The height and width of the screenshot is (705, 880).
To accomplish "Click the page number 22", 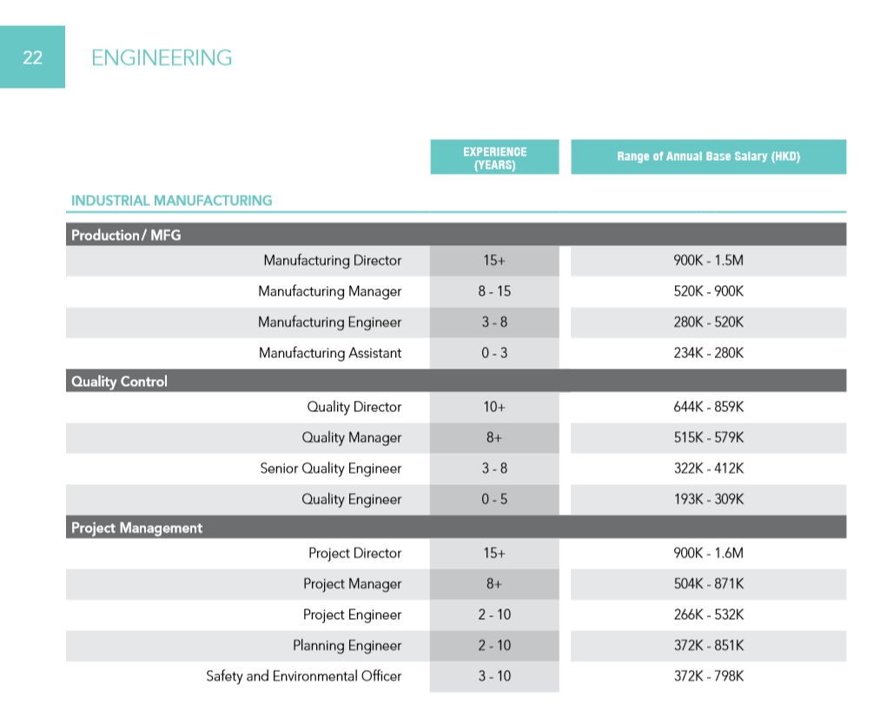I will click(x=32, y=57).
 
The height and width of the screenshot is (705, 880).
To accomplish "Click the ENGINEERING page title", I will click(x=162, y=58).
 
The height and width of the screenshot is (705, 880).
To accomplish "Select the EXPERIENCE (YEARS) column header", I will click(x=494, y=157).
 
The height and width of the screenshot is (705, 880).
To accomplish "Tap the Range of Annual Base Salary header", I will click(x=708, y=157).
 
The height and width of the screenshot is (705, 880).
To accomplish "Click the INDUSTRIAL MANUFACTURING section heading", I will click(x=171, y=201).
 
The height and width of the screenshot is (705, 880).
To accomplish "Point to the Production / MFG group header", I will click(x=126, y=235).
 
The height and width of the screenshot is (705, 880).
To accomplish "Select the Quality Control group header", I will click(x=119, y=382).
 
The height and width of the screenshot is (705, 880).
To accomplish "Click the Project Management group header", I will click(x=136, y=528).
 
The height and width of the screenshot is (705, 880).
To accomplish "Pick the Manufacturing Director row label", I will click(x=332, y=261).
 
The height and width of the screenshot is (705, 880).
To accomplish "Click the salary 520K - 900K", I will click(x=708, y=291).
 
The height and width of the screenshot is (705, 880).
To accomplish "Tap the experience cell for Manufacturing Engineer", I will click(x=494, y=323).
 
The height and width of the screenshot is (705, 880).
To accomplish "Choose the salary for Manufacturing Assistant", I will click(x=708, y=353).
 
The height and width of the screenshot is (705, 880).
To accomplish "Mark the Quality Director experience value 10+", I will click(x=494, y=407).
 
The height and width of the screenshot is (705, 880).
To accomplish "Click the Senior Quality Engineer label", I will click(x=330, y=469).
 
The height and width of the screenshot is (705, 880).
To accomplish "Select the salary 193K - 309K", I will click(x=708, y=499).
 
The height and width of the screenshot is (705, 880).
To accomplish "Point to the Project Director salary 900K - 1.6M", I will click(x=708, y=553).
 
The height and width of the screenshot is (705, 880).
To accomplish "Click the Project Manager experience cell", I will click(x=494, y=584).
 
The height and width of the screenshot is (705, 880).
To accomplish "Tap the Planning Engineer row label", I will click(x=347, y=646).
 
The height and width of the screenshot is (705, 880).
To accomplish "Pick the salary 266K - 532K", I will click(x=708, y=615).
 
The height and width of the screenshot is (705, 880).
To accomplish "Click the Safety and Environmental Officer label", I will click(x=303, y=676).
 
